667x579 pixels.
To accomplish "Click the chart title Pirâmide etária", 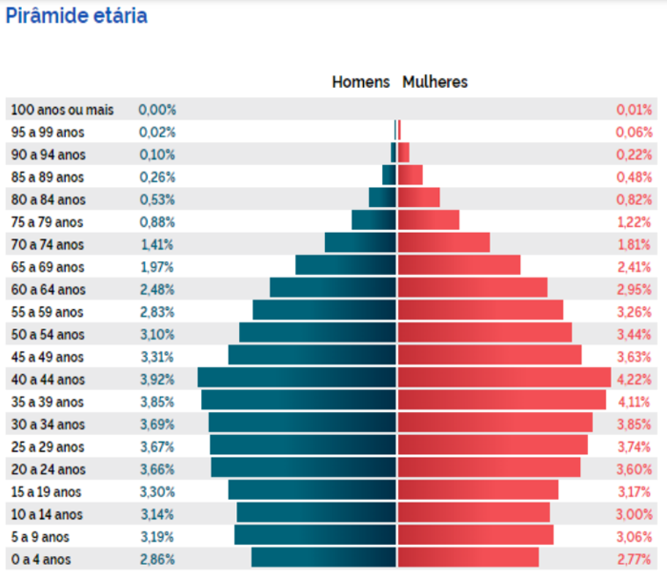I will [76, 16].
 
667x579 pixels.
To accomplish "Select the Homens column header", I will [360, 82].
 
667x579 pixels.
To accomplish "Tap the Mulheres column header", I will [435, 82].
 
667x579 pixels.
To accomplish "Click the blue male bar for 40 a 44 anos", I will [296, 378].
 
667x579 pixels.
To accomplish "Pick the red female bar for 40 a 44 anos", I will [503, 378].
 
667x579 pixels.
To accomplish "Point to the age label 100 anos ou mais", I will [62, 110].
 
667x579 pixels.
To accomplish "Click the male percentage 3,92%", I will [157, 379].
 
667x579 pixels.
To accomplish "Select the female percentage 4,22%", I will [634, 379].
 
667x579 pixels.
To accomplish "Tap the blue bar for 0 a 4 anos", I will [323, 558].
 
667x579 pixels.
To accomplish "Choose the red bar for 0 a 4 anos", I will [468, 558].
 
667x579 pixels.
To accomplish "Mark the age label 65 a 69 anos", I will [48, 267].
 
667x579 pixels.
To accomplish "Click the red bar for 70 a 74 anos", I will [443, 243].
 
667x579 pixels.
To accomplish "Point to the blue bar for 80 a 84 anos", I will [382, 198].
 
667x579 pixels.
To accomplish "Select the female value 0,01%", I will [635, 110].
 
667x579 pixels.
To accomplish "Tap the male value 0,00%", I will [157, 110].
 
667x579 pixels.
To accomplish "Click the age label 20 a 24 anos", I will [48, 469].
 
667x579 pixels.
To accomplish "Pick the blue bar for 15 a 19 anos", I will [312, 490].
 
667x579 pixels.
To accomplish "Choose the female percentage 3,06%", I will [634, 536].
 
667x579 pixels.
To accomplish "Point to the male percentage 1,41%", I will [157, 244].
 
